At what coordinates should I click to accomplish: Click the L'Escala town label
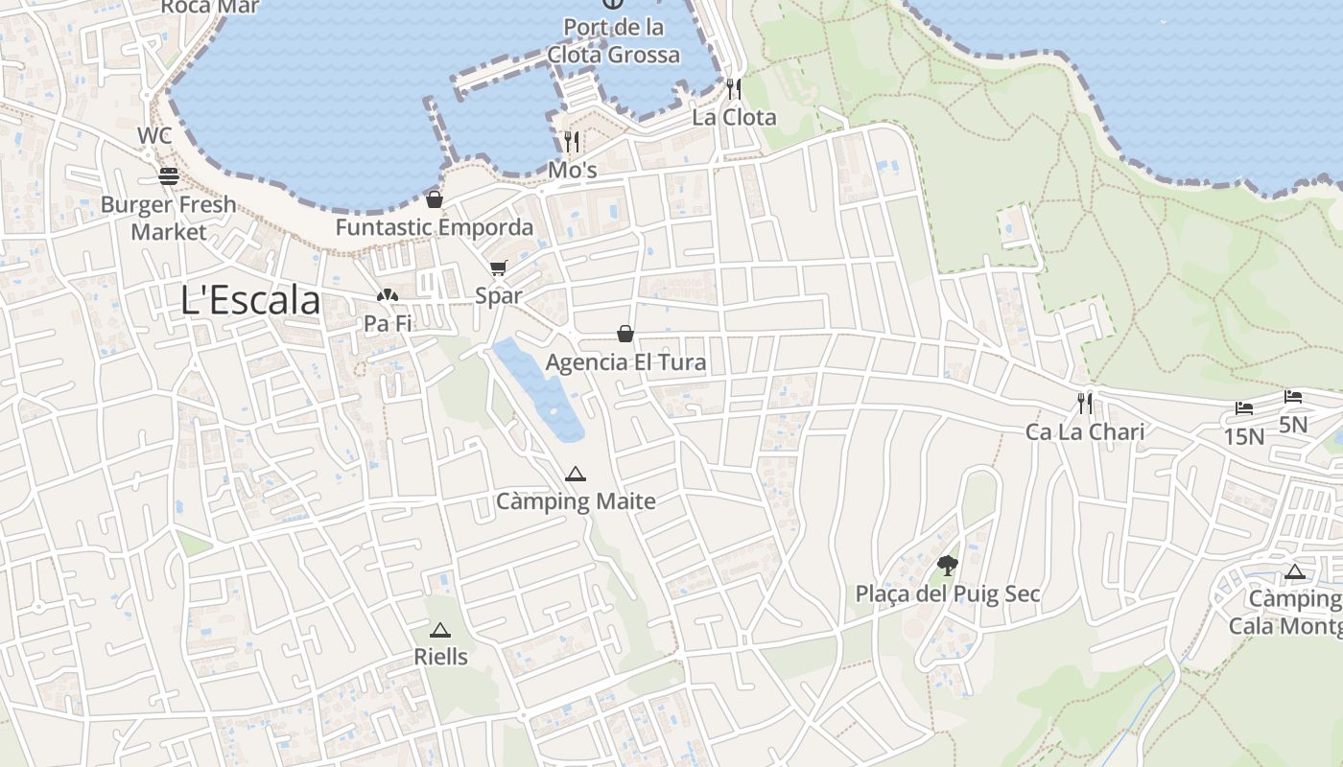tap(250, 300)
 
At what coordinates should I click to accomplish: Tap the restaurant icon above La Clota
tap(734, 89)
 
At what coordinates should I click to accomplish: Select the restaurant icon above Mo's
tap(572, 142)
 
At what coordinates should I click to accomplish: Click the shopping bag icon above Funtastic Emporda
tap(435, 199)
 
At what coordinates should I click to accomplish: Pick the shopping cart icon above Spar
tap(498, 268)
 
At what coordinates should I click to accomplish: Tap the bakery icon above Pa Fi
tap(388, 296)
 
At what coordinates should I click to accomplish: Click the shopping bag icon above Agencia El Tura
tap(625, 334)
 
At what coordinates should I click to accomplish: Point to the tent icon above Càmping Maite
tap(575, 474)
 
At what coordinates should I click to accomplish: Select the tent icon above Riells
tap(440, 630)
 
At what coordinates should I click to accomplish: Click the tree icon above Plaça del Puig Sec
tap(948, 565)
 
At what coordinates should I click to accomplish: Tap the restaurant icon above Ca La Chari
tap(1085, 404)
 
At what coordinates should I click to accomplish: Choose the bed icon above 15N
tap(1244, 408)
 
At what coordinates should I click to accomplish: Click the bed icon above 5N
tap(1293, 396)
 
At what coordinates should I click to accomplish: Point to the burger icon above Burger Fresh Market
tap(169, 176)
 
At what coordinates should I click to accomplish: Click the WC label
tap(154, 135)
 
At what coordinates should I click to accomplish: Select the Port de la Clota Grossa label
tap(614, 41)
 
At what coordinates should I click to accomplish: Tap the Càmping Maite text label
tap(576, 501)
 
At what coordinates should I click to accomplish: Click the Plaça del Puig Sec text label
tap(948, 594)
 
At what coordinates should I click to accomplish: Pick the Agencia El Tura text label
tap(625, 362)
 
